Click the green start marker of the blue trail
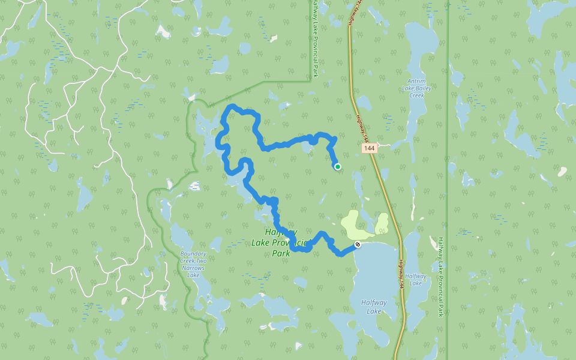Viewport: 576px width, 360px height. pyautogui.click(x=338, y=167)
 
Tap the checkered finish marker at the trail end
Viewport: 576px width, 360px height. pyautogui.click(x=358, y=244)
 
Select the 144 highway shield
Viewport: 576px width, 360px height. pyautogui.click(x=369, y=148)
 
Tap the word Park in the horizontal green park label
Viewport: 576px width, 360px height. pyautogui.click(x=281, y=253)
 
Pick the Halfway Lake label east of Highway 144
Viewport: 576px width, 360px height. pyautogui.click(x=416, y=280)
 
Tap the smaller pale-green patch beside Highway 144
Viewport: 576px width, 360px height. pyautogui.click(x=382, y=224)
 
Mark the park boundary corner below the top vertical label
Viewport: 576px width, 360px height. pyautogui.click(x=311, y=79)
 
